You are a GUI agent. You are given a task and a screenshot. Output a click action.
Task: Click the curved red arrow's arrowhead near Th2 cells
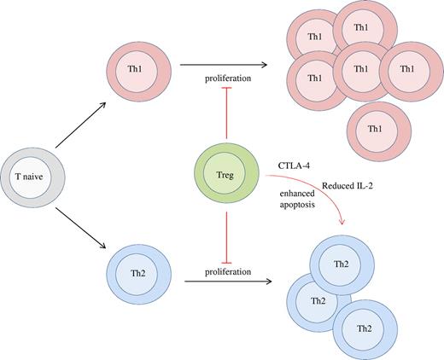(x=342, y=224)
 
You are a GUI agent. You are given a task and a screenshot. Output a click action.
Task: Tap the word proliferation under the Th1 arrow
(x=226, y=78)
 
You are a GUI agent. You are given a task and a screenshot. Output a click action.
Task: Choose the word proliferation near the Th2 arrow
(x=226, y=271)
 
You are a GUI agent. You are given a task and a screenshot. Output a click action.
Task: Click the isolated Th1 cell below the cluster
(x=374, y=127)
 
